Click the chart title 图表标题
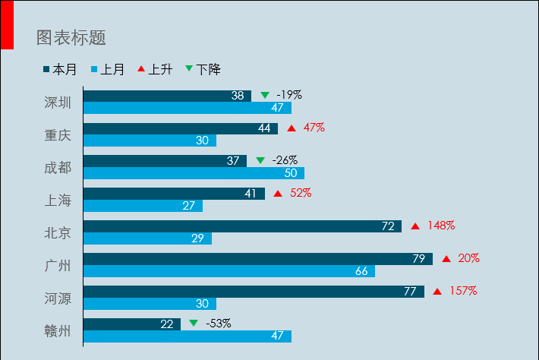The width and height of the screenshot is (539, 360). (71, 37)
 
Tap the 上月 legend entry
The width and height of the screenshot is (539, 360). (108, 70)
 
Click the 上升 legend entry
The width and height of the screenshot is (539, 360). (155, 70)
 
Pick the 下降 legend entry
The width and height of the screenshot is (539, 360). (203, 70)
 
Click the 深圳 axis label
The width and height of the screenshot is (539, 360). (58, 103)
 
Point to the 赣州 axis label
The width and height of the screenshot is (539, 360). (58, 331)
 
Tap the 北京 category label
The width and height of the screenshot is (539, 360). (58, 233)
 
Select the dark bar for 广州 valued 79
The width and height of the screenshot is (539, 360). (257, 259)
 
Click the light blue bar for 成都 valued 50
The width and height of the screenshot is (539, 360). (194, 173)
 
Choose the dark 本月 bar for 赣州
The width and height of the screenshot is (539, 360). (131, 324)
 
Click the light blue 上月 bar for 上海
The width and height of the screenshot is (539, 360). (143, 206)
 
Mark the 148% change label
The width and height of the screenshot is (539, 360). (440, 226)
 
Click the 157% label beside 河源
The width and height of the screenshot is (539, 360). (462, 291)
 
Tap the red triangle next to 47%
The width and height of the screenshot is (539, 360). (292, 128)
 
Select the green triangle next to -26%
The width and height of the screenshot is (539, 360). (260, 161)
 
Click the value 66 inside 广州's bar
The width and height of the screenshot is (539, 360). (361, 271)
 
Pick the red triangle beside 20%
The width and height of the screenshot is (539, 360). (446, 259)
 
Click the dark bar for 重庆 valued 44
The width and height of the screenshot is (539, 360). (180, 128)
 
